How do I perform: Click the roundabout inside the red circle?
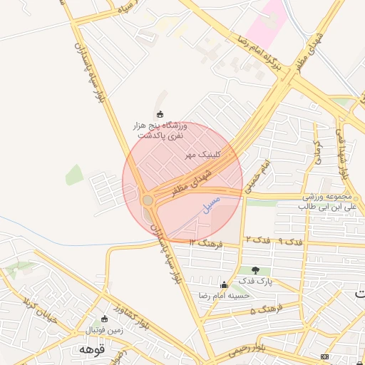[148, 200]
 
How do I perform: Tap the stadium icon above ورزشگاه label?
[160, 115]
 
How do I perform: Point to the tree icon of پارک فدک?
[256, 270]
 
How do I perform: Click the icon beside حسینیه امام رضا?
[225, 284]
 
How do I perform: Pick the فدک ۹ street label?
[279, 241]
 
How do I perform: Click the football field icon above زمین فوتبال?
[105, 319]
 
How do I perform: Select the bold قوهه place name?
[92, 350]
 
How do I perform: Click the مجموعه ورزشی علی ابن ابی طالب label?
[326, 202]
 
